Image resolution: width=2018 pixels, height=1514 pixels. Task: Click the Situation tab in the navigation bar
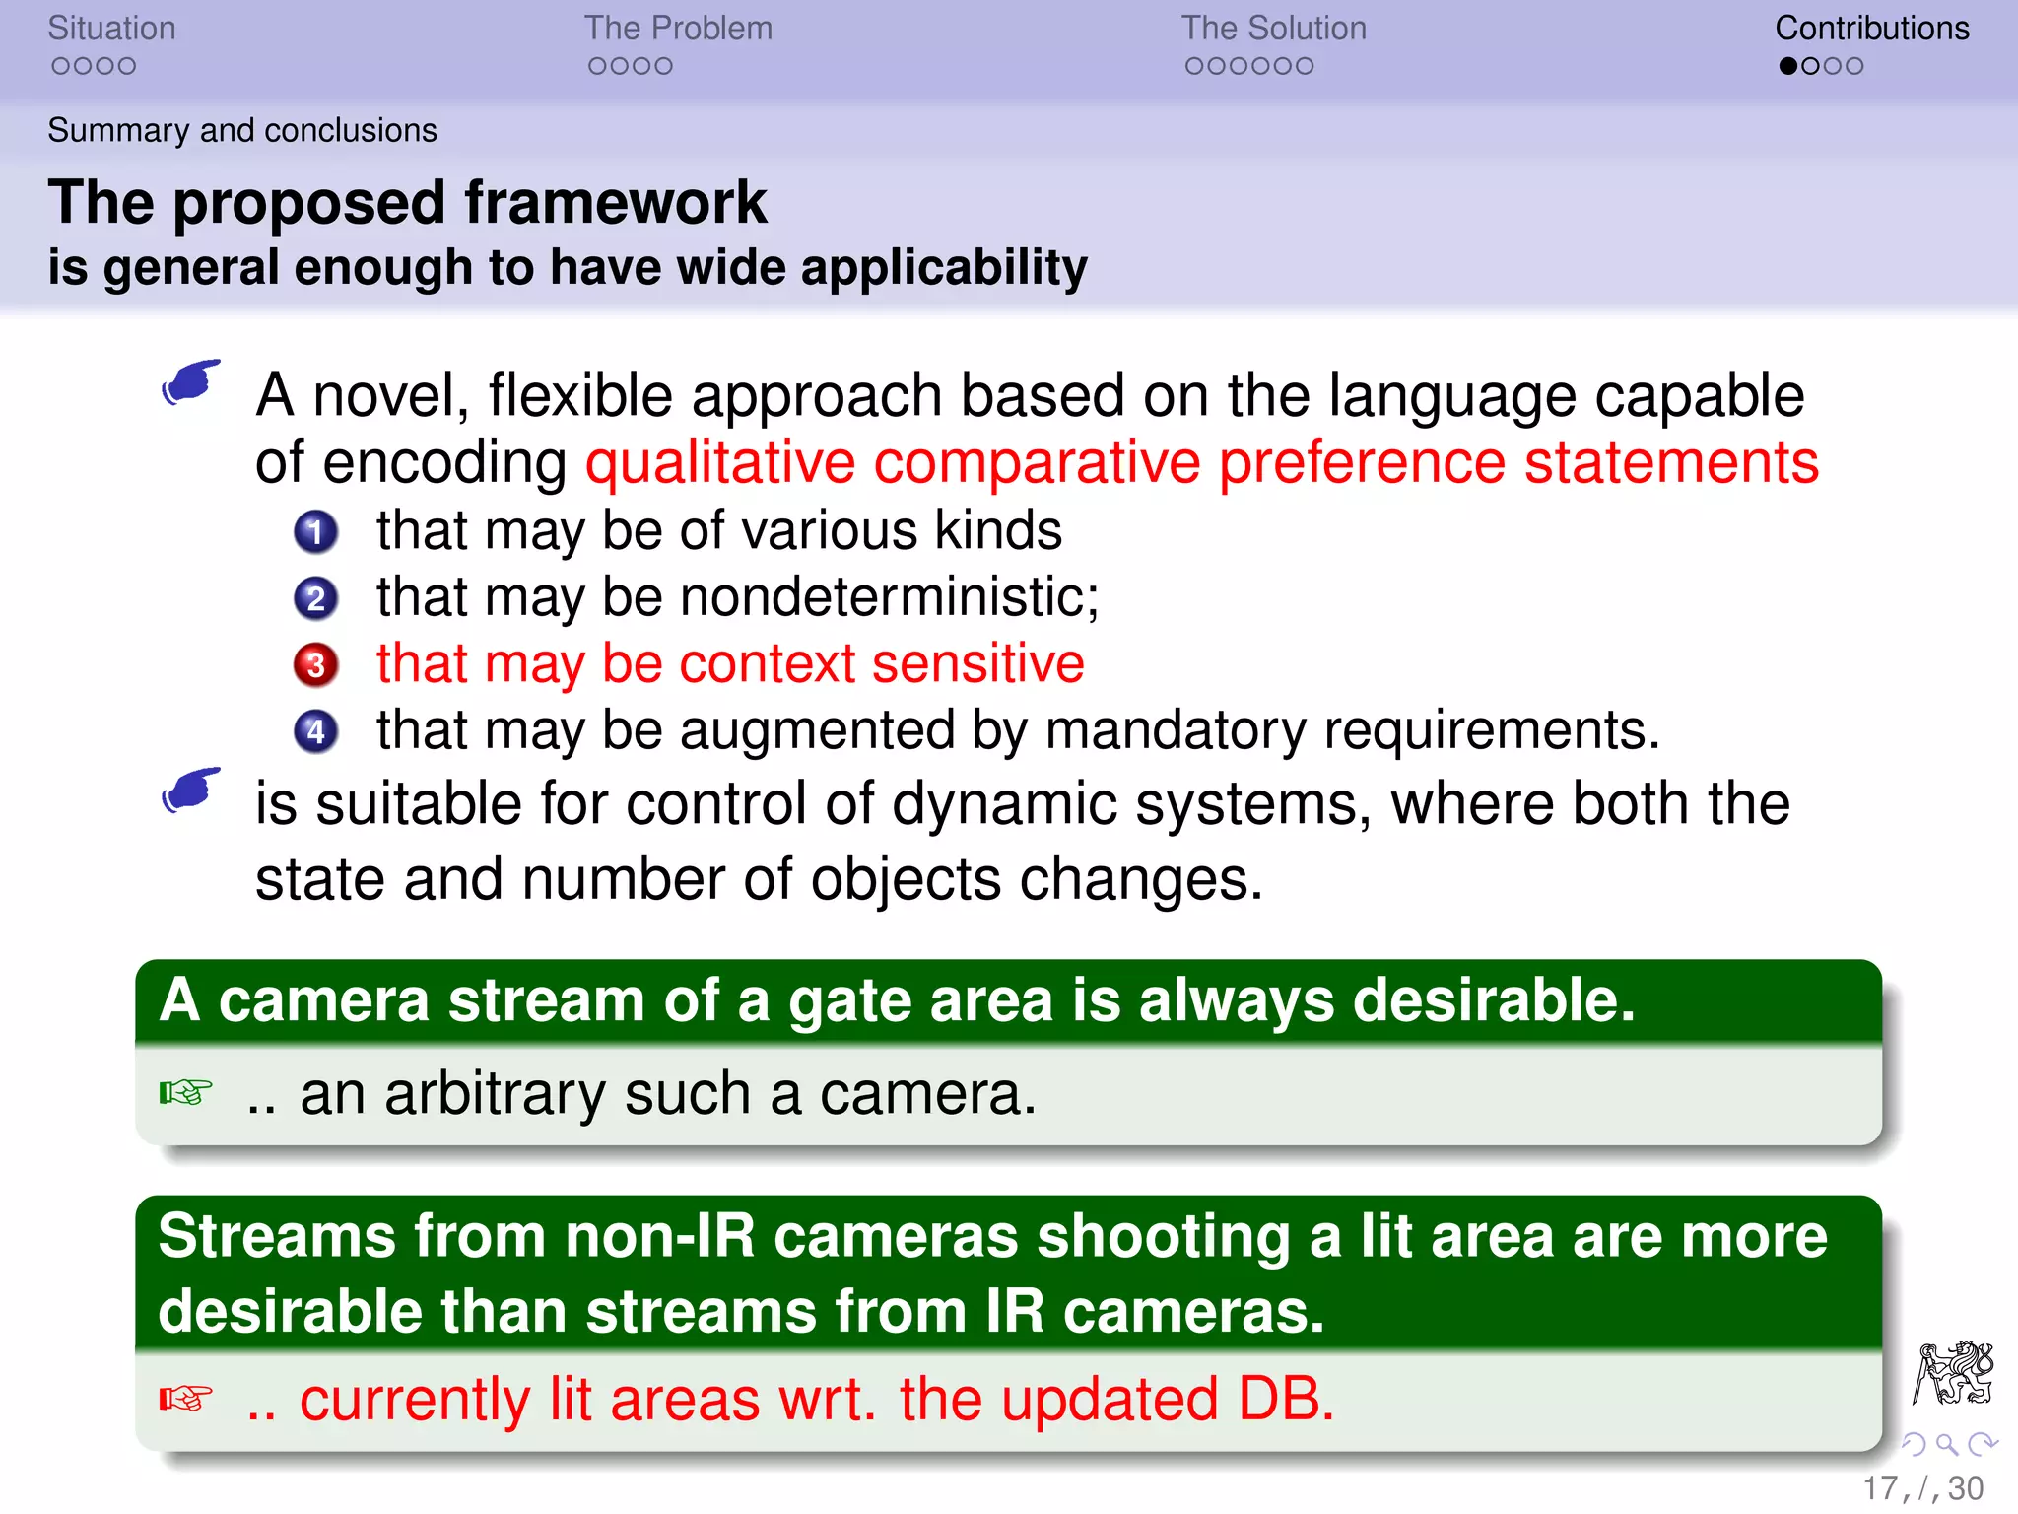pos(111,29)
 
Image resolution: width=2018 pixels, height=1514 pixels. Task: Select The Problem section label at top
pos(678,29)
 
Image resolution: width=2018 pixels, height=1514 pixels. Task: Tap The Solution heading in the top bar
pos(1273,29)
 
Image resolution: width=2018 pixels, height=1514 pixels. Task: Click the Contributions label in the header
pos(1871,29)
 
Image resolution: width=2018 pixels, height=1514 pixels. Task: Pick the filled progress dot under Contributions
pos(1788,66)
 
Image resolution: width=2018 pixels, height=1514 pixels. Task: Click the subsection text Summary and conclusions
pos(242,130)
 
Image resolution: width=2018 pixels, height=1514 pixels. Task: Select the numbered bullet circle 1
pos(315,532)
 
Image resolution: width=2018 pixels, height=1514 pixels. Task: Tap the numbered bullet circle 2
pos(315,598)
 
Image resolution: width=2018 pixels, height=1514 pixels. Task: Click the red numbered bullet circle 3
pos(315,665)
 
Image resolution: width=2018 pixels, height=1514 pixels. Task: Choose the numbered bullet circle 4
pos(315,731)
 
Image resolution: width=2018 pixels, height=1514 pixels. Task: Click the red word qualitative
pos(720,463)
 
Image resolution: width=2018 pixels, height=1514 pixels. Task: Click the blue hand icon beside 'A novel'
pos(191,381)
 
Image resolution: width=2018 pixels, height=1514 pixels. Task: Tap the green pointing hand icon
pos(185,1093)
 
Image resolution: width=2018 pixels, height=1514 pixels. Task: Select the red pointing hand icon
pos(185,1399)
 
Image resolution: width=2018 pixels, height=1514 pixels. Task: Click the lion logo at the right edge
pos(1953,1372)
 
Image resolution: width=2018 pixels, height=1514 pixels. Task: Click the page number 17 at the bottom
pos(1879,1488)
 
